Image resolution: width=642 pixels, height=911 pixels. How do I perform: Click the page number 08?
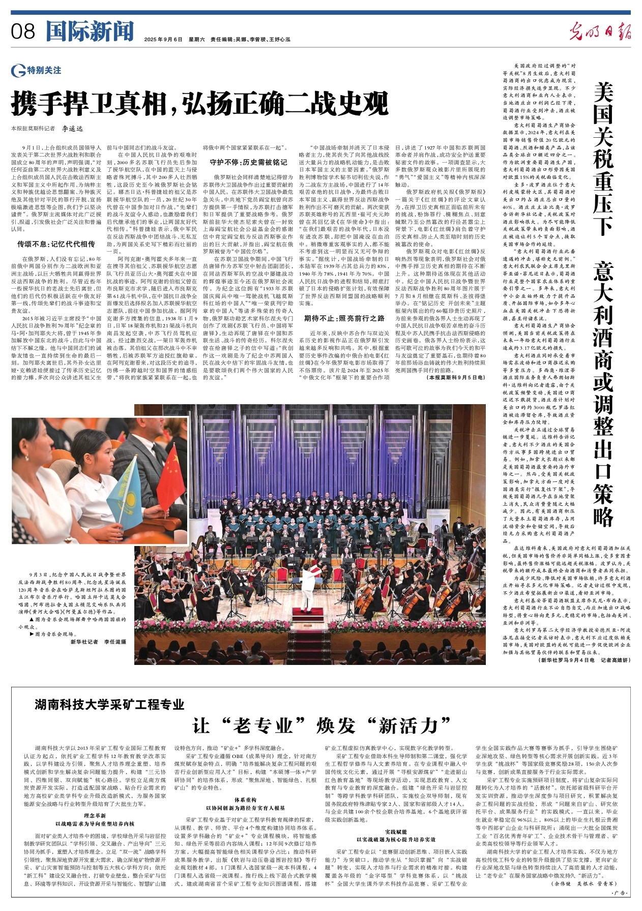(x=23, y=32)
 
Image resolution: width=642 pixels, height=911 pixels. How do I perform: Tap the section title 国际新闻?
(x=90, y=32)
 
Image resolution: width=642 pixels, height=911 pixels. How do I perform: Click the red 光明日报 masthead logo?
(x=600, y=32)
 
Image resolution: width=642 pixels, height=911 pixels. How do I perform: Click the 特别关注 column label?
(x=45, y=70)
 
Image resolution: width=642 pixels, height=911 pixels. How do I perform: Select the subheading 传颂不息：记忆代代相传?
(x=56, y=244)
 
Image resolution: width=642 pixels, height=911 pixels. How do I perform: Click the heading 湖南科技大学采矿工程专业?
(x=109, y=704)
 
